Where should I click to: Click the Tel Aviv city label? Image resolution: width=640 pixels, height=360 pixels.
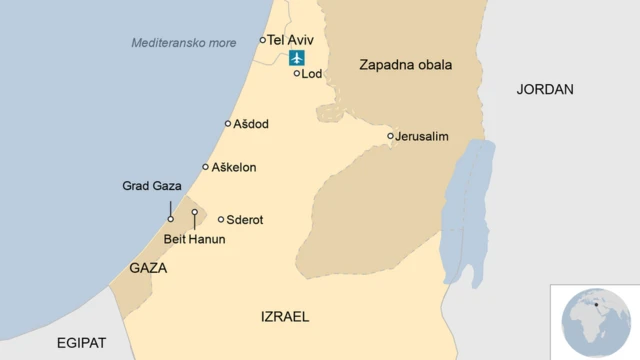tap(291, 40)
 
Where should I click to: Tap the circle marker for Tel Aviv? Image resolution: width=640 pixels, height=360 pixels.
tap(263, 40)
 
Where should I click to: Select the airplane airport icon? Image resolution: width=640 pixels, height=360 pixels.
tap(297, 57)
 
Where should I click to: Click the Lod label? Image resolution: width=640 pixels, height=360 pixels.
tap(312, 73)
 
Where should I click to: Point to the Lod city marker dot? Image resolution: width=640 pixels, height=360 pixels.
tap(297, 73)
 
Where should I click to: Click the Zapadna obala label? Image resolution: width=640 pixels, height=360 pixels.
tap(405, 65)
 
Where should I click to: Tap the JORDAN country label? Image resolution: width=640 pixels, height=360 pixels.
tap(545, 89)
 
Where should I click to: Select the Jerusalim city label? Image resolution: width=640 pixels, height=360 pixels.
tap(422, 136)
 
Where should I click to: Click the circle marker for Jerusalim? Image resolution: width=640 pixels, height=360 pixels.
tap(391, 136)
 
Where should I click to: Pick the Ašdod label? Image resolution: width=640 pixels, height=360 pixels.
tap(251, 124)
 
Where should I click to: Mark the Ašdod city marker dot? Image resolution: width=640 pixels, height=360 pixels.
tap(228, 124)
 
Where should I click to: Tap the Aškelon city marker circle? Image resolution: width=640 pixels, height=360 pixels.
tap(206, 167)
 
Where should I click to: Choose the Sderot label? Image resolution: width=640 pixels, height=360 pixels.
tap(245, 219)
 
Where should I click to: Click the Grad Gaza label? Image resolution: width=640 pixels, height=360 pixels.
tap(151, 186)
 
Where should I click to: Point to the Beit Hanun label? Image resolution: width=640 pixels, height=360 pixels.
tap(195, 240)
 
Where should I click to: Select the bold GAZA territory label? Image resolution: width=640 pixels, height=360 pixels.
tap(148, 269)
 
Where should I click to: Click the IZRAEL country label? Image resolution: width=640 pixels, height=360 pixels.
tap(285, 316)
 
